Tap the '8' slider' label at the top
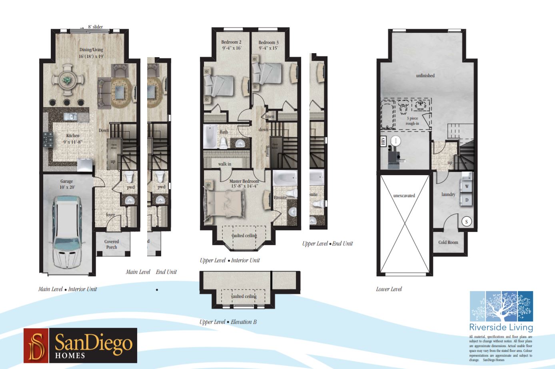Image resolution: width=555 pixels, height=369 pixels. [95, 27]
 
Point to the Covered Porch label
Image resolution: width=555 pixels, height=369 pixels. [112, 244]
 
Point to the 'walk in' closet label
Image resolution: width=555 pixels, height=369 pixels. [224, 164]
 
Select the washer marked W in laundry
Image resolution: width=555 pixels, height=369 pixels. [466, 186]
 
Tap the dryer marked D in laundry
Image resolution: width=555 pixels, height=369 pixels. [466, 199]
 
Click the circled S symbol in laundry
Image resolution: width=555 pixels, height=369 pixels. [466, 221]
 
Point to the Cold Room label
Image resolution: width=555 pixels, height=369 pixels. [448, 242]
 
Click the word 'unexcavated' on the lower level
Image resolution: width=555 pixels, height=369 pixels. [404, 195]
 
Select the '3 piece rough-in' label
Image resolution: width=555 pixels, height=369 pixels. [412, 121]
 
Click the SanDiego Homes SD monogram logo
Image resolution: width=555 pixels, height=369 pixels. [36, 345]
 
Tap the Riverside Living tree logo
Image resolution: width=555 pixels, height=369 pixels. [501, 306]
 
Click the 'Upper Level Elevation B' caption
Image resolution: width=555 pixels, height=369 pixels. [228, 322]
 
